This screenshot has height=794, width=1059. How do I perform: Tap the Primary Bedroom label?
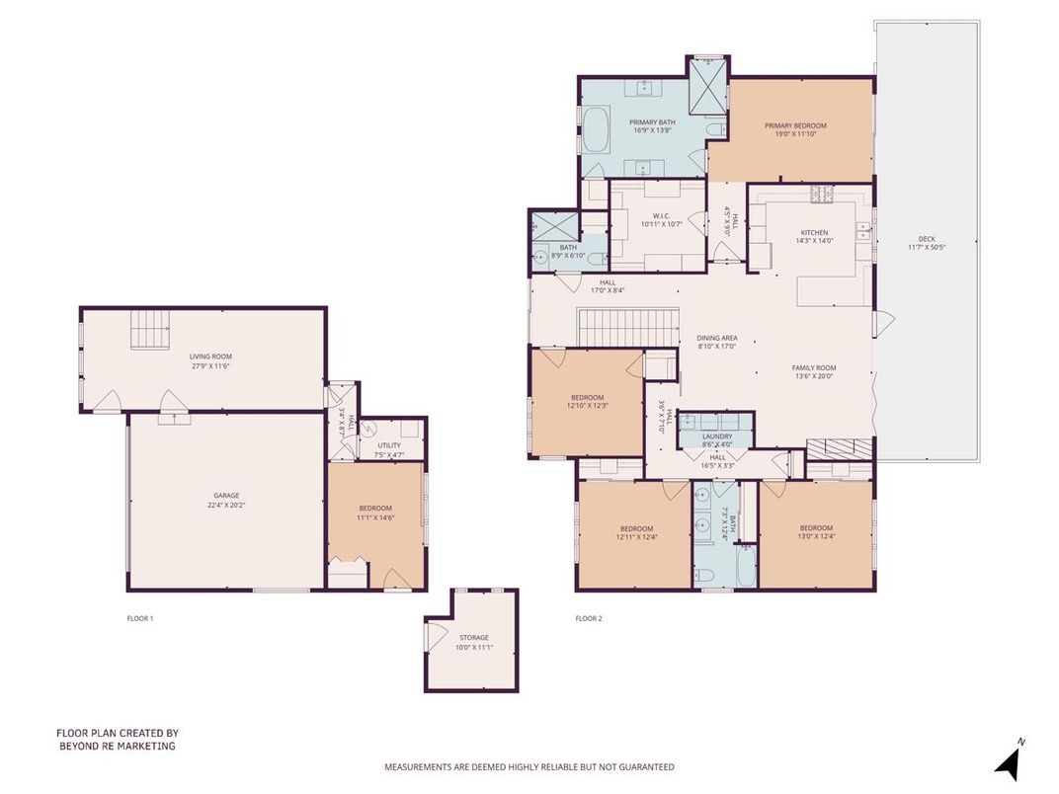point(795,125)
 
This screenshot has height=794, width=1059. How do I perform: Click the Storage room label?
point(472,638)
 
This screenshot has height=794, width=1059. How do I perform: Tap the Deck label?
point(927,238)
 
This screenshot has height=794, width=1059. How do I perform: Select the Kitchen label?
point(814,233)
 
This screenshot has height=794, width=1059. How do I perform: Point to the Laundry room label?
point(716,436)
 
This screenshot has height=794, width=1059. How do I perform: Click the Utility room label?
point(389,445)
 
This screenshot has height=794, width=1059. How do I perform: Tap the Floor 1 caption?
point(140,619)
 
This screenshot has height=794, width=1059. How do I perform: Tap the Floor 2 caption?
point(589,619)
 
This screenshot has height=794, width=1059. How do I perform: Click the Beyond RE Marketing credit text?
point(117,740)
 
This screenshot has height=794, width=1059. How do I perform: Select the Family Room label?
point(814,367)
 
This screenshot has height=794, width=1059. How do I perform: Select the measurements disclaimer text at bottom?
point(529,766)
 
